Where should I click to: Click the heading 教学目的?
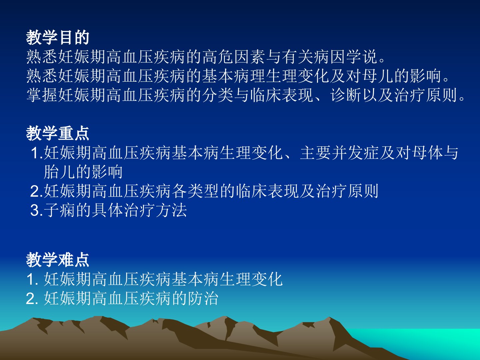tap(58, 38)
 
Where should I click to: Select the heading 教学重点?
tap(58, 133)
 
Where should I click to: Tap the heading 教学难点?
tap(58, 260)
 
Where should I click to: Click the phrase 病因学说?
tap(345, 57)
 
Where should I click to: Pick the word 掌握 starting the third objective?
tap(42, 95)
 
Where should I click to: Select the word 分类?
tap(218, 95)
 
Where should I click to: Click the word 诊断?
tap(346, 95)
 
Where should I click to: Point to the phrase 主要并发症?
tap(340, 153)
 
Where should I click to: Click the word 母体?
tap(427, 153)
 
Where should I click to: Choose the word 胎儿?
tap(59, 172)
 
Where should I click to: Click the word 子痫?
tap(59, 210)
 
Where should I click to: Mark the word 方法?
tap(171, 210)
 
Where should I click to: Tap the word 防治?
tap(203, 298)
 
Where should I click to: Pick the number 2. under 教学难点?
tap(32, 299)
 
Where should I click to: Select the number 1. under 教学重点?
tap(37, 153)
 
